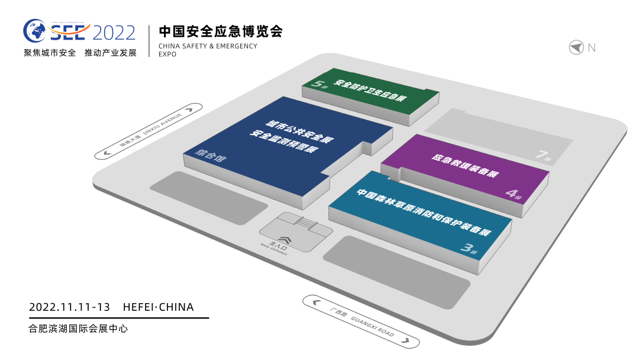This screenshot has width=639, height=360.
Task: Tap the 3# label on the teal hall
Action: click(x=469, y=249)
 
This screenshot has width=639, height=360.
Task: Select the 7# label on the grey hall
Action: click(x=544, y=156)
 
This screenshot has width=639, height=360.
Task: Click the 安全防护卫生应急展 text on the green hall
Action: click(x=370, y=91)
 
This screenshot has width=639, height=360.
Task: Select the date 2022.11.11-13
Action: click(x=69, y=307)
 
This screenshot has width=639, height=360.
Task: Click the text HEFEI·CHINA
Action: click(x=158, y=307)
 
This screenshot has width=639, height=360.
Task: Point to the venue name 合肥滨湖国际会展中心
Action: click(x=78, y=328)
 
